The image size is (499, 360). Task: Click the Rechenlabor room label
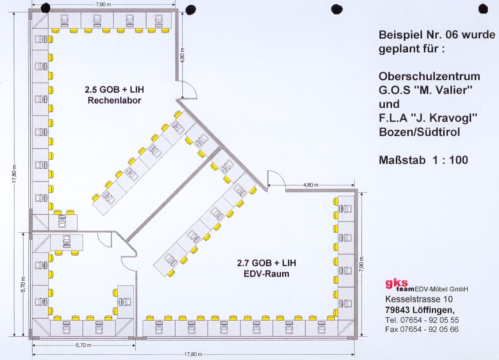pos(114,101)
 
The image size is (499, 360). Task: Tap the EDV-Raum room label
pos(267,274)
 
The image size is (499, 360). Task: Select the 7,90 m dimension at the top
pos(103,4)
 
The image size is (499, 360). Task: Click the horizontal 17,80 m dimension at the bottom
pos(193,354)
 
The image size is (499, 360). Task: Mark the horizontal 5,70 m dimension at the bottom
pos(83,346)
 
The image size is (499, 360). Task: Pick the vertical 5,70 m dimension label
pos(23,284)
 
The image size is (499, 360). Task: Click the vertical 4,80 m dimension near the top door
pos(182,55)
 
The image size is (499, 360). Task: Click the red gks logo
pos(397,284)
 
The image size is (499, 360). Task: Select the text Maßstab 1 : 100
pos(423,160)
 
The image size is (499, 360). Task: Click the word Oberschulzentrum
pos(429,76)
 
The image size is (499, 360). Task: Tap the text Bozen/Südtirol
pos(419,132)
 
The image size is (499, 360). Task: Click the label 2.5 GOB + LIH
pos(114,90)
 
